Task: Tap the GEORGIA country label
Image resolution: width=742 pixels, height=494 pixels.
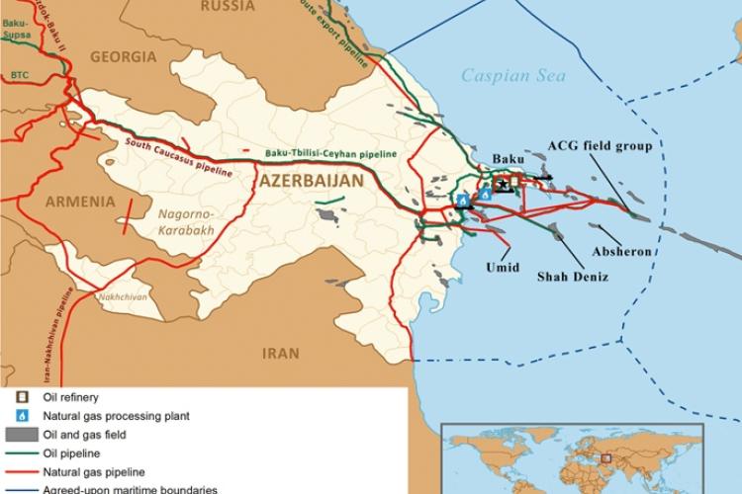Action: (124, 57)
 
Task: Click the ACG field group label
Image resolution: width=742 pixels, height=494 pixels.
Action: (600, 146)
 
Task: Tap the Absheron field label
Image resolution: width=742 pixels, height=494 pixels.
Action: (621, 252)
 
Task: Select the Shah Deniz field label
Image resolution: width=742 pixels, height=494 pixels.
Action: (572, 278)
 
